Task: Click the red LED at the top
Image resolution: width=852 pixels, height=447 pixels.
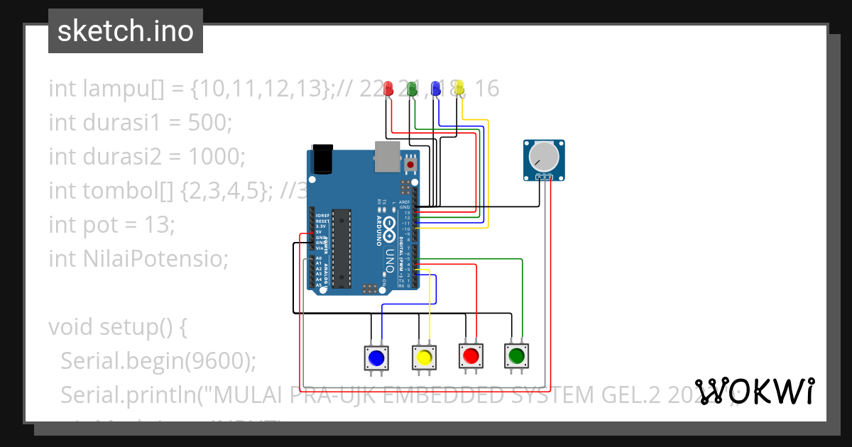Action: click(x=388, y=89)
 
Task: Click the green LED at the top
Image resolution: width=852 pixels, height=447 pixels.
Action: click(x=411, y=89)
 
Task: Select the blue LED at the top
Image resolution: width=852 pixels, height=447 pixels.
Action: click(x=435, y=89)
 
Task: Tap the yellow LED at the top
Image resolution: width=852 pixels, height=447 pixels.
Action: click(x=459, y=89)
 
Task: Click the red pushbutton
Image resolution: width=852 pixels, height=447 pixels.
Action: click(x=469, y=355)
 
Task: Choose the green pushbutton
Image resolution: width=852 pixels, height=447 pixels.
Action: click(x=516, y=355)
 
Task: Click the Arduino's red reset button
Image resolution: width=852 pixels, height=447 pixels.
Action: click(x=410, y=165)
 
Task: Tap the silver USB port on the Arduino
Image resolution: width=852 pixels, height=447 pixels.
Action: click(x=388, y=156)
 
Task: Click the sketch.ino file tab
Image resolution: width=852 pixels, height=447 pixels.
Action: click(x=126, y=31)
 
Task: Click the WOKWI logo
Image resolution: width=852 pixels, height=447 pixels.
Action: click(x=754, y=391)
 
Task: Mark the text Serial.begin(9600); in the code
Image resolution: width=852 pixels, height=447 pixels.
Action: click(x=158, y=361)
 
